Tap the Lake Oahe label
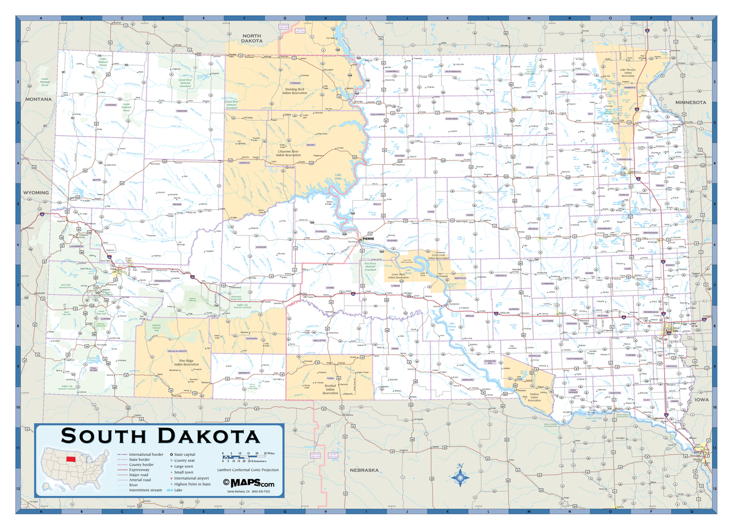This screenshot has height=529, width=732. pos(338,178)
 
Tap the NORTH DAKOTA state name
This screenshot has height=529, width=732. pos(251,38)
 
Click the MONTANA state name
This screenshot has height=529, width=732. pos(38,99)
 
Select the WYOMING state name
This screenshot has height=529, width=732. pos(36,193)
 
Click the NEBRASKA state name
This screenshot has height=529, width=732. pos(364,470)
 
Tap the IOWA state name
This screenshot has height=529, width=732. pos(701,400)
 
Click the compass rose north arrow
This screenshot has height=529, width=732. pos(461,474)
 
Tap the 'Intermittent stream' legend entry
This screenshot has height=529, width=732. pos(145,490)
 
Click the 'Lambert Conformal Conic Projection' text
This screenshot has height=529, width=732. pos(251,470)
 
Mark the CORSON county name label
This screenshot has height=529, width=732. pos(295,82)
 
